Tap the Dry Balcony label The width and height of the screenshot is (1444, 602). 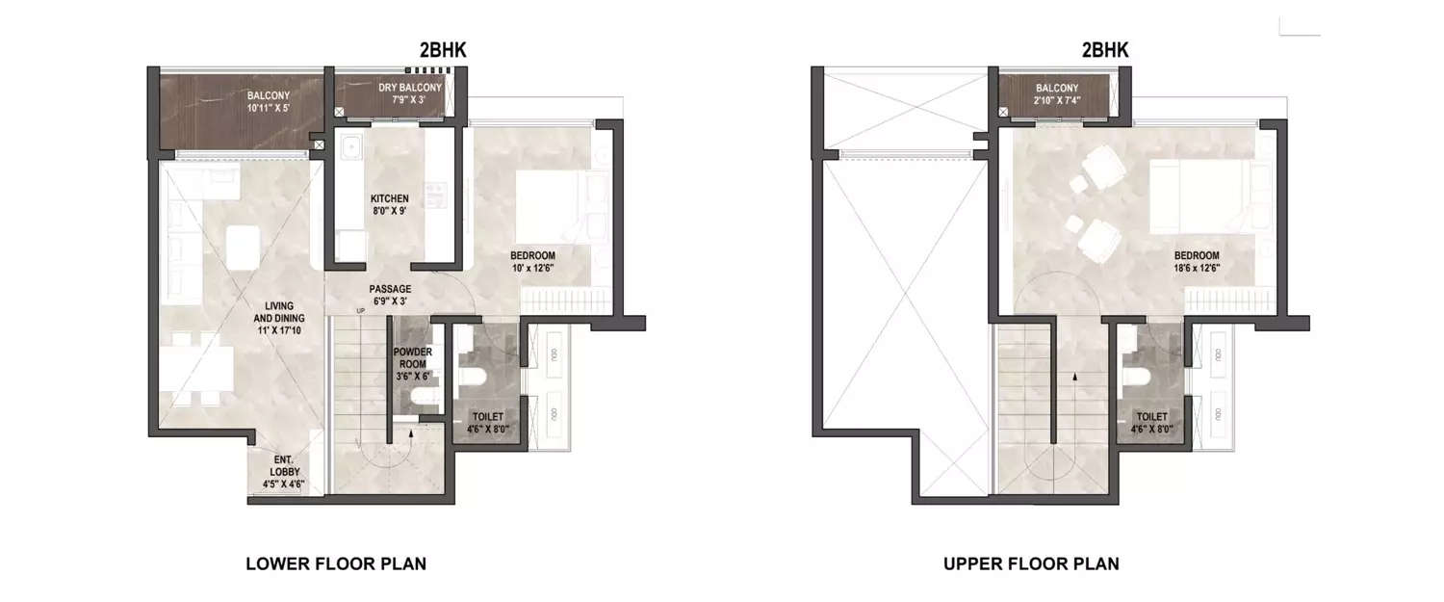[x=409, y=93]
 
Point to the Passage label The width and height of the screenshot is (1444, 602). [x=390, y=295]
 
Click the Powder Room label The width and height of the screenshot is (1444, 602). [x=412, y=358]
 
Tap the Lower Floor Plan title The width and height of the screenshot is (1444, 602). [x=336, y=563]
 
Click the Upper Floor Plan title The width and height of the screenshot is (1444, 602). [x=1031, y=563]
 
